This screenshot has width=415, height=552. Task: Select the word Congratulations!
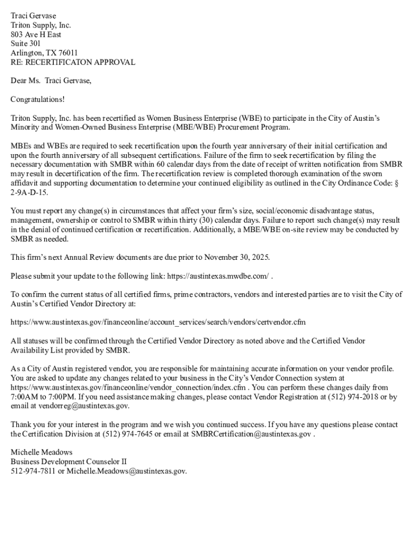(38, 99)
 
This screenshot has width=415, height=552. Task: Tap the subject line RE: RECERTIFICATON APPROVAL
(73, 62)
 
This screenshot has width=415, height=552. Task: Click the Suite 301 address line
(25, 44)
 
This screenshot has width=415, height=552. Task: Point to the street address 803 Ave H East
(36, 34)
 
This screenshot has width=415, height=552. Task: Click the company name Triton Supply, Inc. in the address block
(41, 25)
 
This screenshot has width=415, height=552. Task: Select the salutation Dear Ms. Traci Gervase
(51, 81)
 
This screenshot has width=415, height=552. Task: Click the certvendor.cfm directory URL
(158, 322)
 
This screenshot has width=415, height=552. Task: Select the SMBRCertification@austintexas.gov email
(251, 434)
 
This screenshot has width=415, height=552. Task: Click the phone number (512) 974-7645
(128, 434)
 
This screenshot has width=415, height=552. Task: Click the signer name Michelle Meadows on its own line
(41, 452)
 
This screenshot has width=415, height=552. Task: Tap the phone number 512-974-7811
(33, 471)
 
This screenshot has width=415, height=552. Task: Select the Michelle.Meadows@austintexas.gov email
(127, 471)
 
